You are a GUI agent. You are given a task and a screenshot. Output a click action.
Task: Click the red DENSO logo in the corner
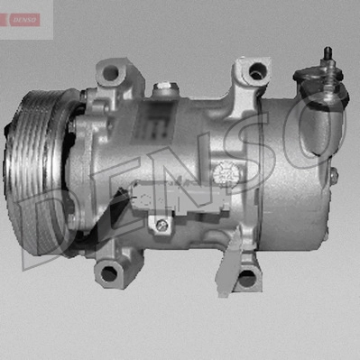coord(24,20)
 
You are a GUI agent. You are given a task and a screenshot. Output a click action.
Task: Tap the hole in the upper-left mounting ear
coord(110,72)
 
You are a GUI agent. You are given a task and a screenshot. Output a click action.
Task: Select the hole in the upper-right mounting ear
coord(257,71)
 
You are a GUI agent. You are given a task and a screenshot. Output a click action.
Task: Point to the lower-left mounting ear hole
coord(108,273)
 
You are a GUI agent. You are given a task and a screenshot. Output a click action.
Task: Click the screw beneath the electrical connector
coord(162,223)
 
